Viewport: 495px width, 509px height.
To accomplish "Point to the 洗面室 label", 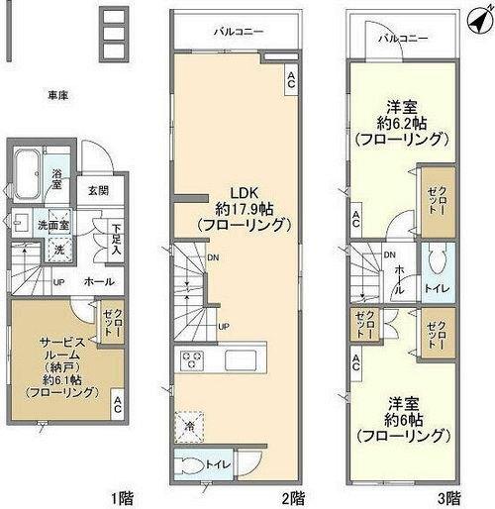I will [x=52, y=225].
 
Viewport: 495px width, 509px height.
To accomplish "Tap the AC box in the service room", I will [x=118, y=404].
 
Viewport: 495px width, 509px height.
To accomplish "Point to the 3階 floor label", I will [x=450, y=495].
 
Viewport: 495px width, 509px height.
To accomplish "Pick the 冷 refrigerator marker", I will [x=187, y=427].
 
